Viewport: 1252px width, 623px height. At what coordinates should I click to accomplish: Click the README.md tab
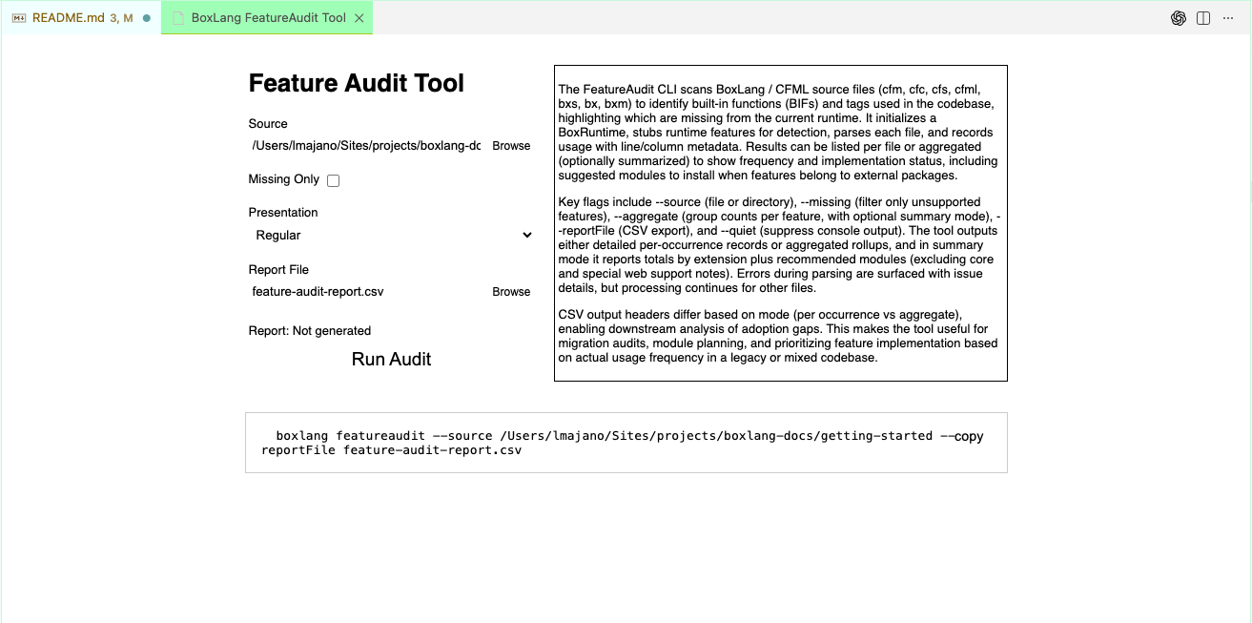68,18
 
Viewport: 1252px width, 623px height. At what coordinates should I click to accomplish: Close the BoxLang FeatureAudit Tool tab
359,18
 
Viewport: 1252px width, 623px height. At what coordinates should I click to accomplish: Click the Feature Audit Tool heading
356,83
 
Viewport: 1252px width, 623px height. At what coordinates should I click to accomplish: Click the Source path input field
366,146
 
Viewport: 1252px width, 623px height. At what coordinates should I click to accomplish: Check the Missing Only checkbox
333,180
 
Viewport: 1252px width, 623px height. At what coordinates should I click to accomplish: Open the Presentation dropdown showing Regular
391,235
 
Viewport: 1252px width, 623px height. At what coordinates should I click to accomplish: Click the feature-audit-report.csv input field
366,292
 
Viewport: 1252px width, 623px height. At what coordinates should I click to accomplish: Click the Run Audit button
391,359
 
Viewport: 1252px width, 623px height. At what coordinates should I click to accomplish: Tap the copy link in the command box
969,436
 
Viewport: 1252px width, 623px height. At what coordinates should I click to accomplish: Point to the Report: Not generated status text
310,331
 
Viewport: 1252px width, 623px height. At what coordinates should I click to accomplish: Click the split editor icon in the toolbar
1203,18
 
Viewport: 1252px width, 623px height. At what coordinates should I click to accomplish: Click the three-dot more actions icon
1228,18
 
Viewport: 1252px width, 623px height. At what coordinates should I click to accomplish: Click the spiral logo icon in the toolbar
1179,18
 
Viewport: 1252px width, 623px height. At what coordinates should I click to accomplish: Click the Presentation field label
283,213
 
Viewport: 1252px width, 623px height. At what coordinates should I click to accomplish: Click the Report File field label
278,270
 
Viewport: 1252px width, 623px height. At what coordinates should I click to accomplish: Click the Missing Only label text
283,179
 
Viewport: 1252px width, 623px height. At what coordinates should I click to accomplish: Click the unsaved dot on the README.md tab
147,18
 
